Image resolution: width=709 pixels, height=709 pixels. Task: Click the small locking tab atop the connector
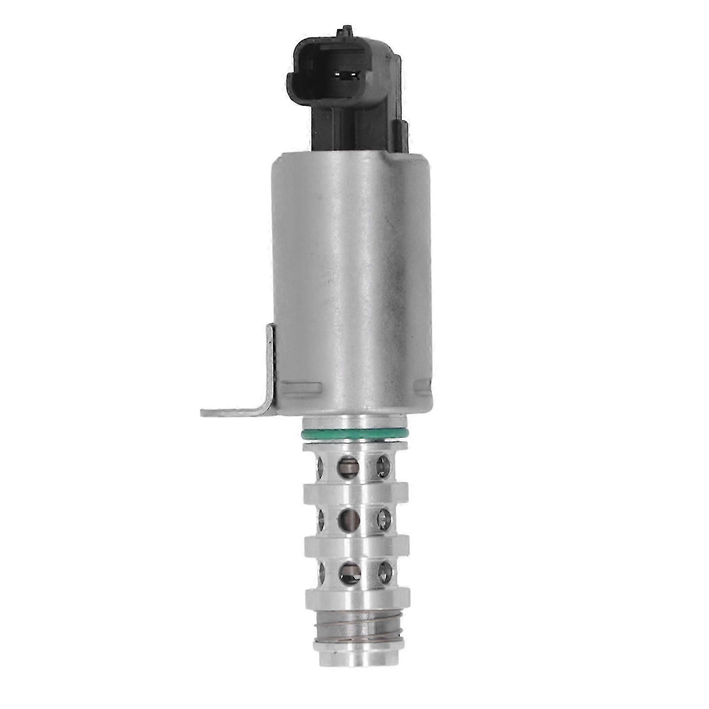click(x=345, y=32)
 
